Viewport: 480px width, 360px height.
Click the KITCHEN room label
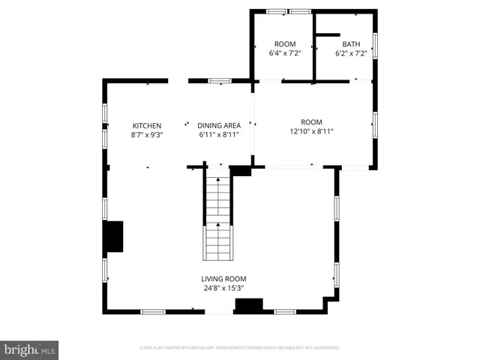147,125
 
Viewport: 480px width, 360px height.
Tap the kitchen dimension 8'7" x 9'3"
147,135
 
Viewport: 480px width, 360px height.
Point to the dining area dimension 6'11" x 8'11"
219,135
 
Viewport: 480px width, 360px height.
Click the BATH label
351,43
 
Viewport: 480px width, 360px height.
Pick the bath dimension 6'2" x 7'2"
351,53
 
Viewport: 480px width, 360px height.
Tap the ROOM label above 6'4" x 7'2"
285,43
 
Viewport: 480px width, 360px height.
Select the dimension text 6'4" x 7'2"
285,53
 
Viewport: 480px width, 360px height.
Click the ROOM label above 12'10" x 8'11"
311,122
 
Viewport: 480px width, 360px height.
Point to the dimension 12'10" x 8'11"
311,132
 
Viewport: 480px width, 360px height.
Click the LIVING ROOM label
223,278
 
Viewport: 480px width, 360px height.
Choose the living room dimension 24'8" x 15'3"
223,288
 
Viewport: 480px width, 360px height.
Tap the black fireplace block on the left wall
113,237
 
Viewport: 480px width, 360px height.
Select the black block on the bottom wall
249,305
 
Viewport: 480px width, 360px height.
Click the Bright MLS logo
29,349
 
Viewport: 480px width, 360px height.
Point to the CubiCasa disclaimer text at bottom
240,348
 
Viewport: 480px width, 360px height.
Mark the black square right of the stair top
241,171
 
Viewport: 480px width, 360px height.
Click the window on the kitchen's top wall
219,80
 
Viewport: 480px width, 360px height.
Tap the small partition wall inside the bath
327,34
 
